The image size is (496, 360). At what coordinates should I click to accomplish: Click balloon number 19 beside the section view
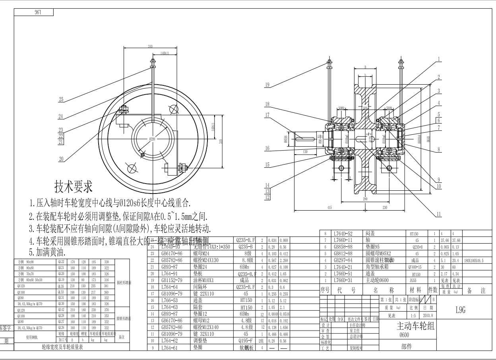click(x=267, y=85)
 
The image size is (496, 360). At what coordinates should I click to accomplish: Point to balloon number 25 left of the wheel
click(x=61, y=100)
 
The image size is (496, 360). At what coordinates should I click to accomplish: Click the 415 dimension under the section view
click(x=329, y=207)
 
